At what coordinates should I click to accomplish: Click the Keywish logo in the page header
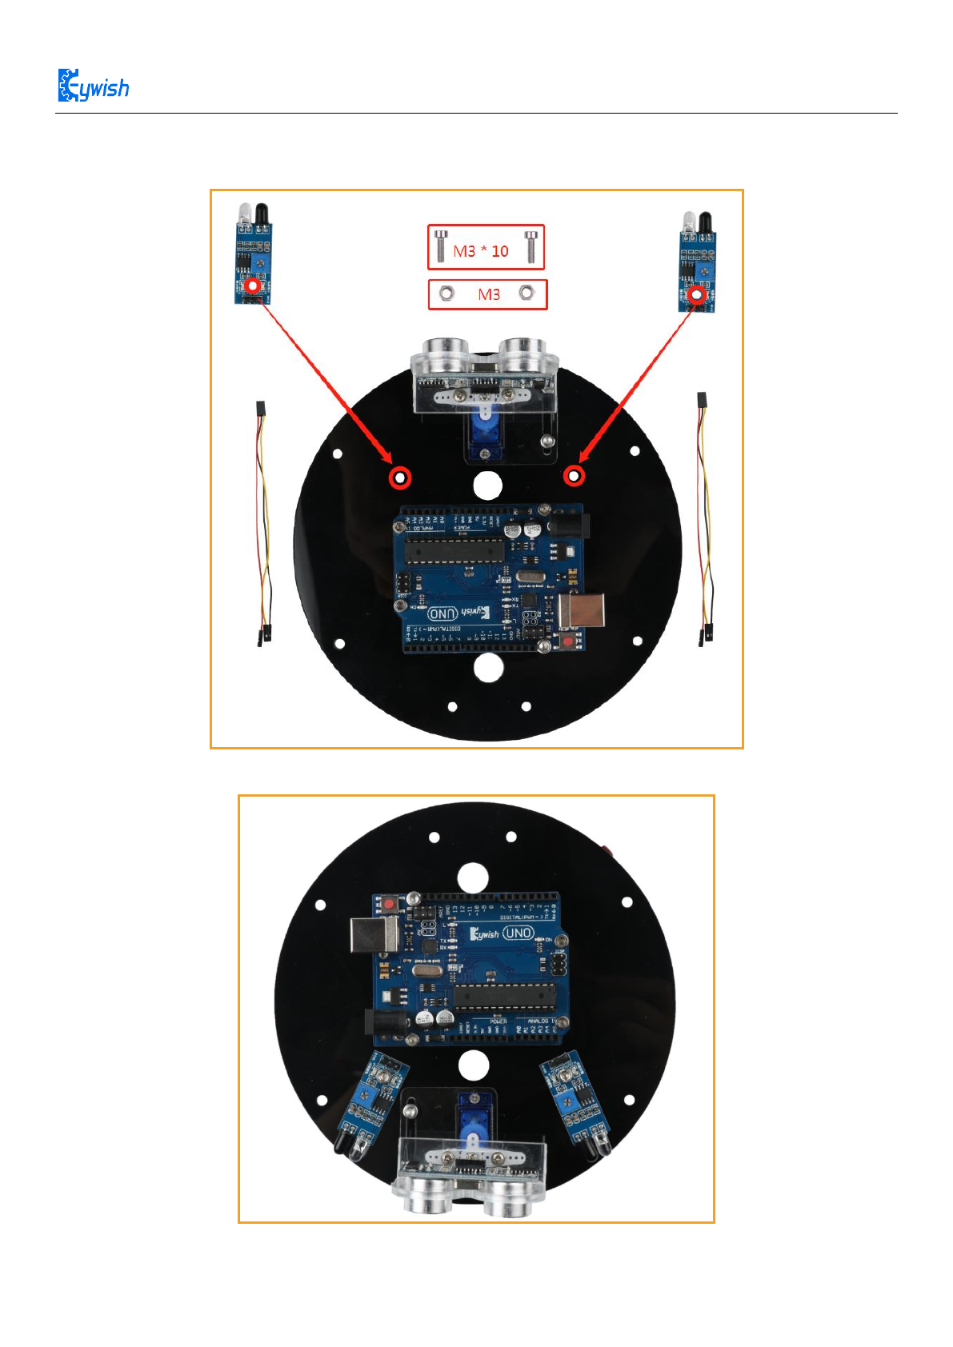click(93, 86)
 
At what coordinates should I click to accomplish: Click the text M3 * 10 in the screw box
click(480, 251)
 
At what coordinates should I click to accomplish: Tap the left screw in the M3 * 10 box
click(439, 246)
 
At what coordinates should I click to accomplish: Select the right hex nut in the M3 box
click(526, 293)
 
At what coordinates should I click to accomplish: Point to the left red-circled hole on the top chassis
click(399, 478)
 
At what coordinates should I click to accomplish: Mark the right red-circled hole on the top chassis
click(573, 477)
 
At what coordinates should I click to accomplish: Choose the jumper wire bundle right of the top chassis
click(704, 520)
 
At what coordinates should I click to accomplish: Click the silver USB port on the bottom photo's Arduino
click(374, 933)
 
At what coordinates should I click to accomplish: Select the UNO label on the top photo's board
click(442, 614)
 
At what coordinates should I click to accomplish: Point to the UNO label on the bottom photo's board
click(518, 933)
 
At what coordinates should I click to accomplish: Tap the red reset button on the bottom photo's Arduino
click(389, 904)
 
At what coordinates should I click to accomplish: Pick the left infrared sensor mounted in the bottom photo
click(367, 1104)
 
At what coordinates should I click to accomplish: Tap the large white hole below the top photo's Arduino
click(487, 667)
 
